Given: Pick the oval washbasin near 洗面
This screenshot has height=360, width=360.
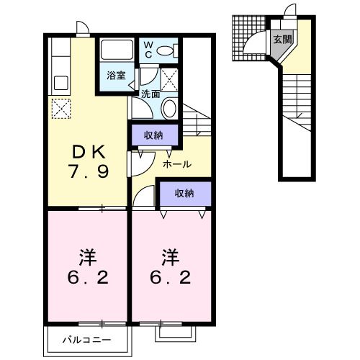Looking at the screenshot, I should pos(168,109).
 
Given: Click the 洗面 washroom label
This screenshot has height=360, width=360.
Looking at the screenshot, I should pos(150,94).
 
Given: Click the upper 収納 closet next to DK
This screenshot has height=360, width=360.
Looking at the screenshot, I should pos(153,135).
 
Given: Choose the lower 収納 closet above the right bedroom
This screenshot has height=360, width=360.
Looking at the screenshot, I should pos(184,193).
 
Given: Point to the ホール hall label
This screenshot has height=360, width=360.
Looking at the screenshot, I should pos(177,164).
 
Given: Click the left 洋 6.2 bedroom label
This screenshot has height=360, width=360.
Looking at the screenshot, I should pos(87,266).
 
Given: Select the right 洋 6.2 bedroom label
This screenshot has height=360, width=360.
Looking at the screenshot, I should pos(171,266).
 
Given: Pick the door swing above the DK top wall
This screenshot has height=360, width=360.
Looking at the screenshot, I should pos(82,27).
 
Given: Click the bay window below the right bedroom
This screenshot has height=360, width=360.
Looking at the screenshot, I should pos(175,332).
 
